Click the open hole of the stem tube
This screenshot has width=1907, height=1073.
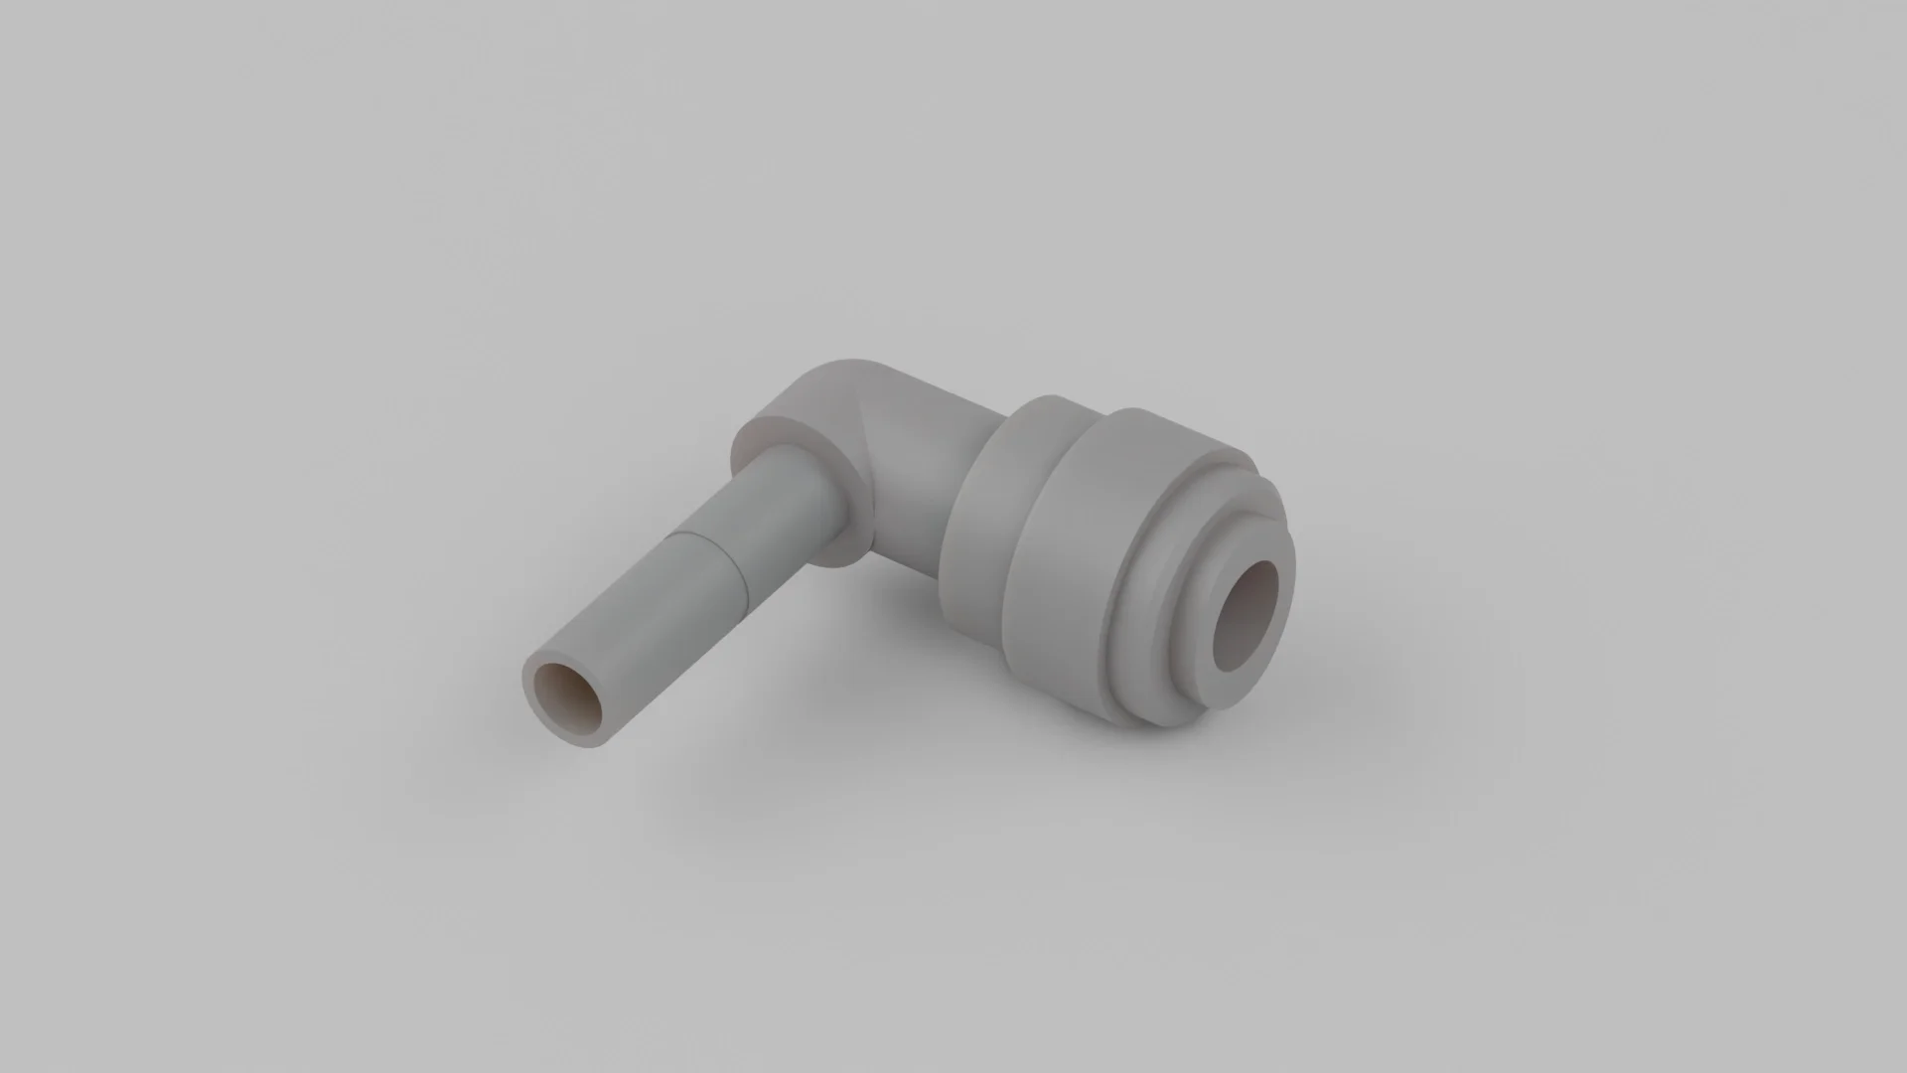click(567, 700)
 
